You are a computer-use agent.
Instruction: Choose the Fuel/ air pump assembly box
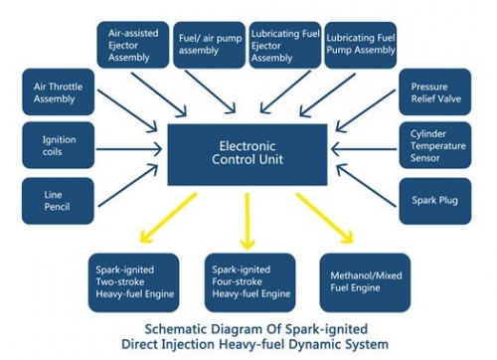pyautogui.click(x=208, y=44)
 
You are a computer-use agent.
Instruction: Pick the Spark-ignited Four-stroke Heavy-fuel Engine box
pyautogui.click(x=251, y=281)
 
